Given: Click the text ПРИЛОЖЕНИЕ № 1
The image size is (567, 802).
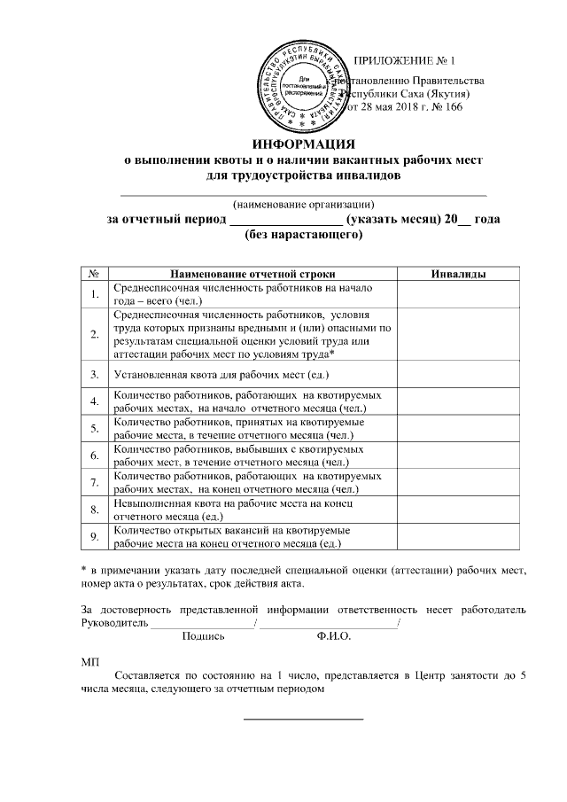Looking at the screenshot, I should (403, 61).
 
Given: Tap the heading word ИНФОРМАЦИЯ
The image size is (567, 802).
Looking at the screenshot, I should (304, 144).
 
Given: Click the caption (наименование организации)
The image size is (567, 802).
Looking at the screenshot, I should (304, 202).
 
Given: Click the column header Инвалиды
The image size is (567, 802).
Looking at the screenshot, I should (457, 276).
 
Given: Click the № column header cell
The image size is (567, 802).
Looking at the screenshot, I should (93, 276).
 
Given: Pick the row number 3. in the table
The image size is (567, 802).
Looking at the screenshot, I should (93, 375).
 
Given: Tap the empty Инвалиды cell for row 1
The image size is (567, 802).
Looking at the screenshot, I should (457, 295).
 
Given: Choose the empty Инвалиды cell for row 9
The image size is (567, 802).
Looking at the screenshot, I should (457, 537).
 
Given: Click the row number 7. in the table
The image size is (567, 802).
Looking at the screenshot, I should (93, 482).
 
